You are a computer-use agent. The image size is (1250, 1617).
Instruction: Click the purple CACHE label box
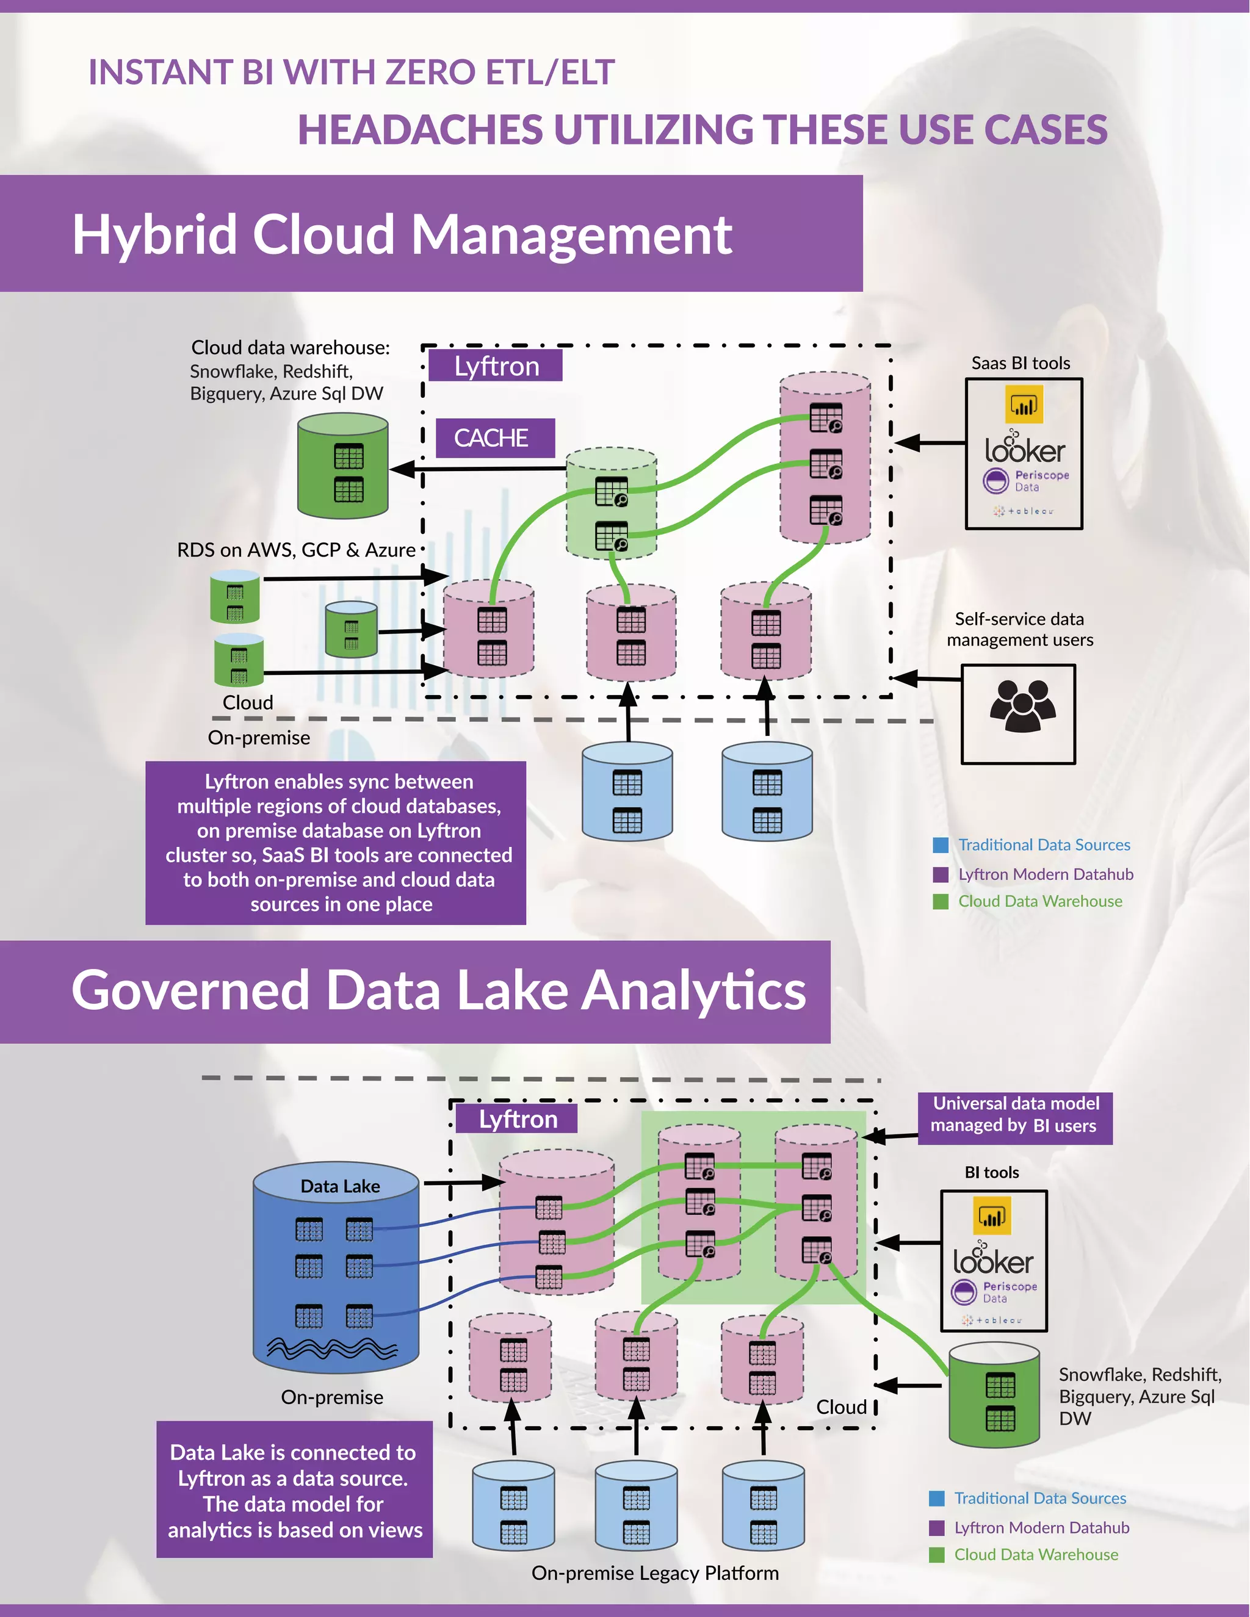tap(494, 438)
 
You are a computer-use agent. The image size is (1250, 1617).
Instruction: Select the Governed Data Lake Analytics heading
tap(438, 990)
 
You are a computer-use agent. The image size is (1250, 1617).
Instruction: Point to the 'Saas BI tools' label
tap(1021, 363)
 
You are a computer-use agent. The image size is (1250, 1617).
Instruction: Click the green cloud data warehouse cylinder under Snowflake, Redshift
tap(343, 466)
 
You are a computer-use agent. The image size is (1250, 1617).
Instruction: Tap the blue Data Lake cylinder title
tap(340, 1186)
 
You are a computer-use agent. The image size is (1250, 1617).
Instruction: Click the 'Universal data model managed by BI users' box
tap(1014, 1114)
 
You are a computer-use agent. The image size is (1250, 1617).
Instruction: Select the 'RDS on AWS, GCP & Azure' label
tap(296, 550)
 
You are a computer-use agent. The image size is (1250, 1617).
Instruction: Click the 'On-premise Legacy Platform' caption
tap(655, 1572)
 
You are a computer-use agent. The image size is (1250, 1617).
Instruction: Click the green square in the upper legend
tap(941, 901)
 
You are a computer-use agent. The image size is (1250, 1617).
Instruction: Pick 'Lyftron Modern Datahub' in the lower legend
tap(1041, 1527)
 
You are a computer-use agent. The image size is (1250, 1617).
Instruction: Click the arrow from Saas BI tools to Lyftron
tap(930, 443)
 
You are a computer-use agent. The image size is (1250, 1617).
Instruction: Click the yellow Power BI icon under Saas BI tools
tap(1024, 404)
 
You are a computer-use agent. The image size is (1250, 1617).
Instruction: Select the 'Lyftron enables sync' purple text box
tap(336, 843)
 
